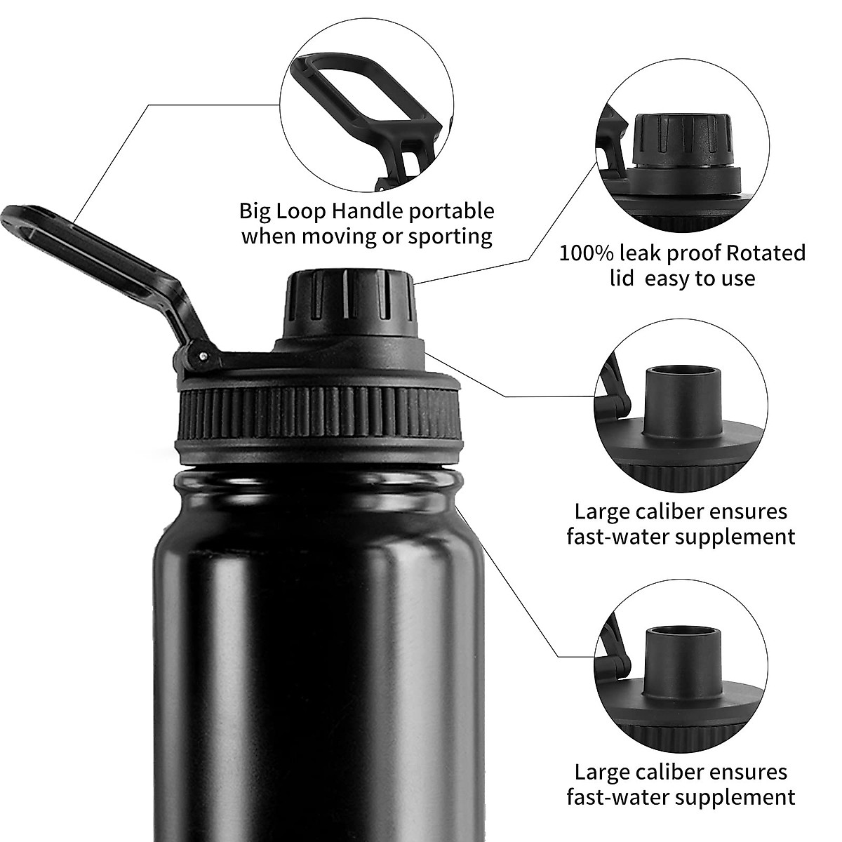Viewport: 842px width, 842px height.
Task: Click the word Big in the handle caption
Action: [255, 211]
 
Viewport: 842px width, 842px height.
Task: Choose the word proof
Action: [693, 254]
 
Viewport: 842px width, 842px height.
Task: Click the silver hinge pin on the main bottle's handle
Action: [203, 356]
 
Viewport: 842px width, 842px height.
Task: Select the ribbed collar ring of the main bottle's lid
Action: [319, 417]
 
